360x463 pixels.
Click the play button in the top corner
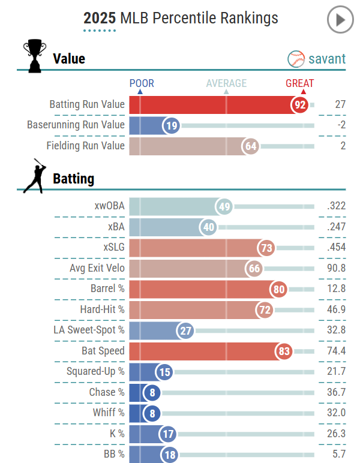(340, 20)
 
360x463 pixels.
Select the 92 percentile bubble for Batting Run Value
(301, 105)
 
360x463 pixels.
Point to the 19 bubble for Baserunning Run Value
(171, 125)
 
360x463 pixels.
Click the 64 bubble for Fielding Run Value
(251, 146)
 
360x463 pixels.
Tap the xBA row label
(116, 227)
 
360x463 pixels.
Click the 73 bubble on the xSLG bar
(266, 248)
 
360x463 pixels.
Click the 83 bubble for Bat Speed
(284, 350)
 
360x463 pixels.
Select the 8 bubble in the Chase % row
(152, 393)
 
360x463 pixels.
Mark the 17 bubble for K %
(167, 434)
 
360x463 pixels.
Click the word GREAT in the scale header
(299, 83)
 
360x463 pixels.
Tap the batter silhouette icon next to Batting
(34, 176)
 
